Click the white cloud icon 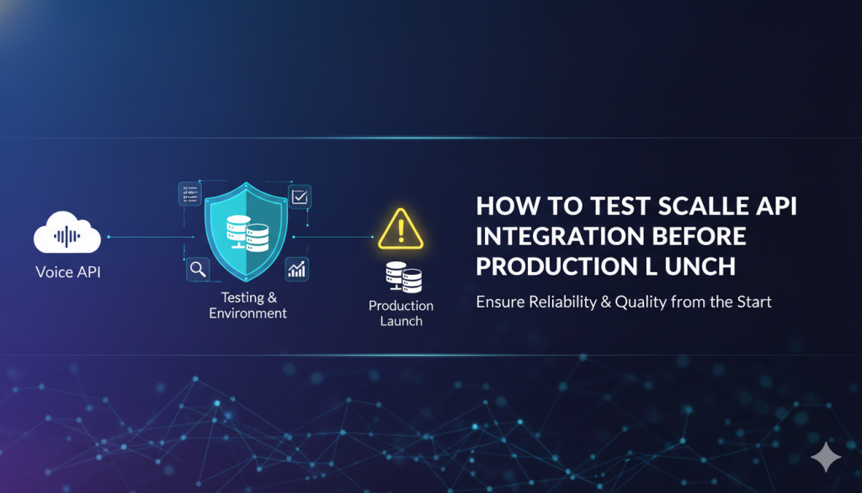tap(67, 233)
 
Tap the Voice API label tap(68, 272)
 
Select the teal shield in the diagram tap(246, 232)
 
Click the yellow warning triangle tap(401, 229)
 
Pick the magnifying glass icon tap(198, 269)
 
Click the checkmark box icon tap(300, 196)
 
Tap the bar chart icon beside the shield tap(297, 269)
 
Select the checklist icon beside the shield tap(190, 194)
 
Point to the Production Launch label tap(401, 313)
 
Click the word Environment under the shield tap(248, 313)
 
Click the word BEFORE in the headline tap(700, 237)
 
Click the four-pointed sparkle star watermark tap(826, 457)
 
